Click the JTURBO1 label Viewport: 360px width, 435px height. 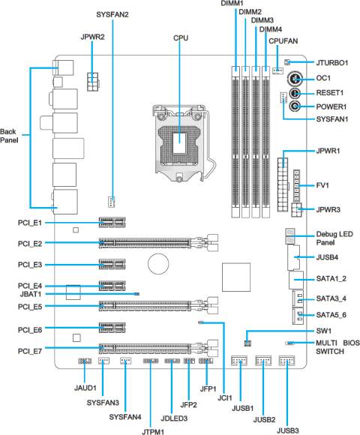coord(332,63)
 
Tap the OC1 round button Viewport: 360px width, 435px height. coord(295,79)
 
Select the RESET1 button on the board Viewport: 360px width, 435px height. coord(295,93)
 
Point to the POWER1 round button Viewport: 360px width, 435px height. coord(295,106)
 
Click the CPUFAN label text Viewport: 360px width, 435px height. coord(283,41)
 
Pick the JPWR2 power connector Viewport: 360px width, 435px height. coord(93,82)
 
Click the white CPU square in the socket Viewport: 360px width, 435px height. coord(180,143)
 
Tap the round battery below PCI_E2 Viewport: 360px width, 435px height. coord(158,263)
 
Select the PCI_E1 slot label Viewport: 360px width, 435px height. coord(30,223)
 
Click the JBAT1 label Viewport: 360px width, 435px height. coord(31,294)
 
